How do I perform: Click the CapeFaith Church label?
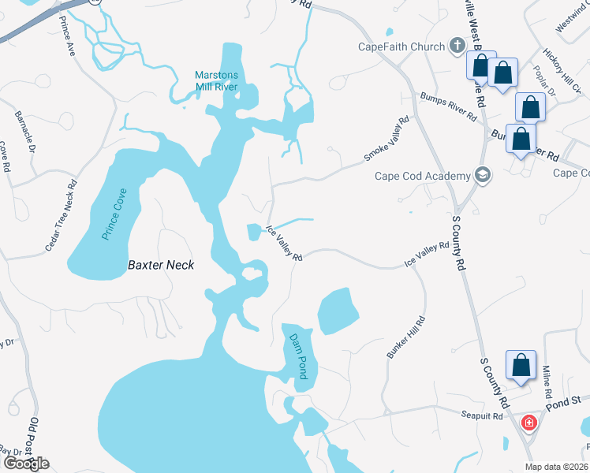[401, 47]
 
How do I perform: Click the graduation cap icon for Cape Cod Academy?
[483, 175]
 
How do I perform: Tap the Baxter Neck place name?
[161, 266]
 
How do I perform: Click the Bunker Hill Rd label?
[406, 337]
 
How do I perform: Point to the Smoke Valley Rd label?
[386, 140]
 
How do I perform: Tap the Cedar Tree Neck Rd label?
[61, 215]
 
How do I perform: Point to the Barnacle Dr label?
[25, 131]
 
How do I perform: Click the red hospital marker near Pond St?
[528, 423]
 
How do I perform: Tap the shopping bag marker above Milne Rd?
[521, 364]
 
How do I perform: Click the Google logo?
[26, 463]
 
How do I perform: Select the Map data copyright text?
[556, 467]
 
